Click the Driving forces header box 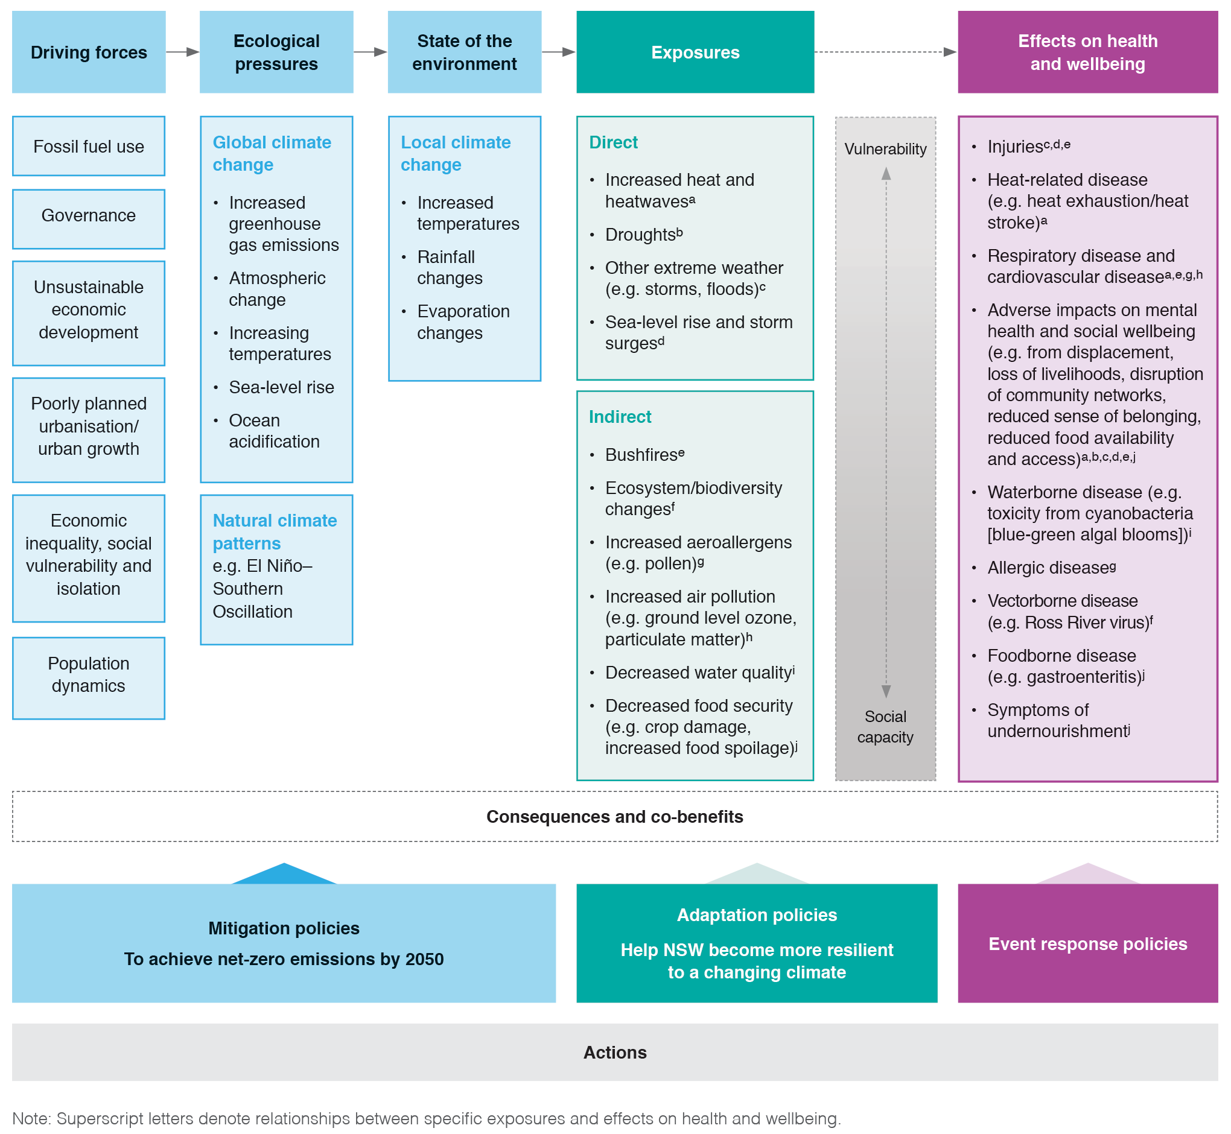pos(89,52)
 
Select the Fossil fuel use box pos(89,147)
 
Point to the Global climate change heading pos(272,153)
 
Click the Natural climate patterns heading pos(275,532)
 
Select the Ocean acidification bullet pos(274,431)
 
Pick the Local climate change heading pos(455,153)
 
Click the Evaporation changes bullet pos(463,322)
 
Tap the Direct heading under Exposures pos(612,142)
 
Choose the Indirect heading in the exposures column pos(620,417)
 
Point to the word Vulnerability pos(885,149)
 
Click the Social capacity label pos(885,727)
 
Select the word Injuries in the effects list pos(1015,147)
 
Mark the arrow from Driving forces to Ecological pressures pos(182,52)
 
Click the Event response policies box pos(1087,944)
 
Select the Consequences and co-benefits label pos(614,817)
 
